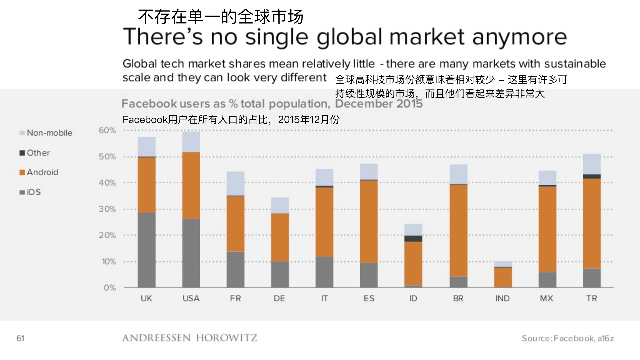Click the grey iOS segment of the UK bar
(x=147, y=250)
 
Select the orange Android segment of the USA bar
(x=191, y=185)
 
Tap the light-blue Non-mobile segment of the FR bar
(x=235, y=183)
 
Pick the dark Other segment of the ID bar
(x=413, y=238)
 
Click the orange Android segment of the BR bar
(x=458, y=230)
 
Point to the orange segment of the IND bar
(x=503, y=277)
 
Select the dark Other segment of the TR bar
(x=592, y=176)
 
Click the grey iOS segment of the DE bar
(x=280, y=274)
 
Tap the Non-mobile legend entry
(x=46, y=133)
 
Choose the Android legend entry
(x=39, y=172)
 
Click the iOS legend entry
(x=30, y=192)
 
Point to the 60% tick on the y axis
(x=107, y=130)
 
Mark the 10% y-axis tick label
(x=108, y=262)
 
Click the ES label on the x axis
(x=369, y=298)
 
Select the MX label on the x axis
(x=547, y=298)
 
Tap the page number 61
(x=20, y=338)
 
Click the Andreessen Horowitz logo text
(x=189, y=338)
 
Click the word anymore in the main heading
(x=519, y=37)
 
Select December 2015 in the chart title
(x=379, y=104)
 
